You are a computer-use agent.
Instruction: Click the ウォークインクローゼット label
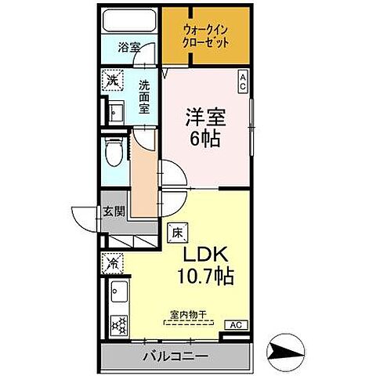click(x=206, y=37)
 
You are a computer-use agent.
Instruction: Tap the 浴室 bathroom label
click(x=129, y=46)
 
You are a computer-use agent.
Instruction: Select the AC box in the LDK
click(x=234, y=324)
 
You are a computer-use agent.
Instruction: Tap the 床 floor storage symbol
click(x=176, y=232)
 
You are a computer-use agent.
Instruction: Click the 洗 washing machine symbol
click(x=113, y=81)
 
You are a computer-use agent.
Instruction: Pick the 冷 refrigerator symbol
click(x=113, y=264)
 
